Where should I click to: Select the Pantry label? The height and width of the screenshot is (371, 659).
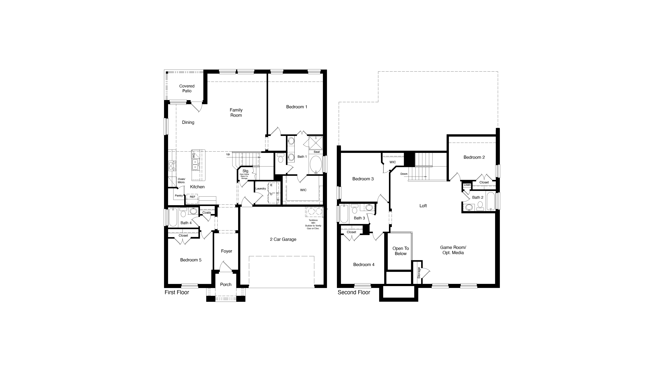[x=179, y=196]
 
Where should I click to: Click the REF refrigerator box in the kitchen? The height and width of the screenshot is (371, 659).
[x=192, y=197]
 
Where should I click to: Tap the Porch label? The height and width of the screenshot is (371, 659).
[x=226, y=284]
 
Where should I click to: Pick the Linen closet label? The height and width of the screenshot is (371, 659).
[x=467, y=185]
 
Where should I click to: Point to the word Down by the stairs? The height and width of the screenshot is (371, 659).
[x=404, y=174]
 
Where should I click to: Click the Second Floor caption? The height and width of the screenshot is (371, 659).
[x=354, y=292]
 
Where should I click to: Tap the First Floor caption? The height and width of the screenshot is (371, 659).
[x=177, y=292]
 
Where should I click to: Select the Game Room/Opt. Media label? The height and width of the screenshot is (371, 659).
[x=453, y=250]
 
